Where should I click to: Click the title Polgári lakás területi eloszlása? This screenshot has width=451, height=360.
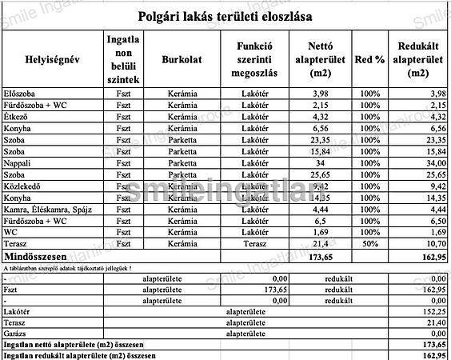pyautogui.click(x=225, y=15)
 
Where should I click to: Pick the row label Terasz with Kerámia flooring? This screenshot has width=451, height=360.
pyautogui.click(x=17, y=243)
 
